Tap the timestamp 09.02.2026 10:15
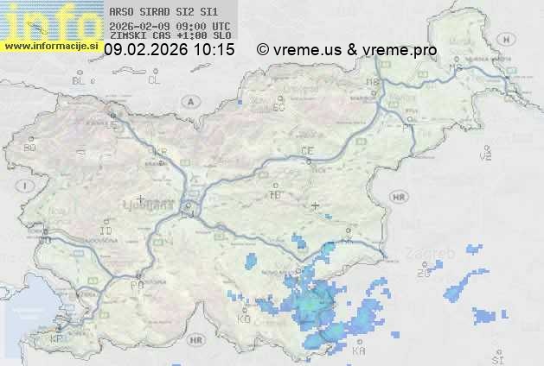(169, 51)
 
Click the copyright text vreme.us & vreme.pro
(347, 51)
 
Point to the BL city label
(79, 80)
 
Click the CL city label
(154, 80)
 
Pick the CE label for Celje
(306, 151)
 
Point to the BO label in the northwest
(29, 148)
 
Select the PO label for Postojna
(136, 284)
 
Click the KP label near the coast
(56, 339)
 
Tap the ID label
(106, 231)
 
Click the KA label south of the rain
(359, 352)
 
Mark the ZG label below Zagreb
(423, 274)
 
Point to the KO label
(244, 319)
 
